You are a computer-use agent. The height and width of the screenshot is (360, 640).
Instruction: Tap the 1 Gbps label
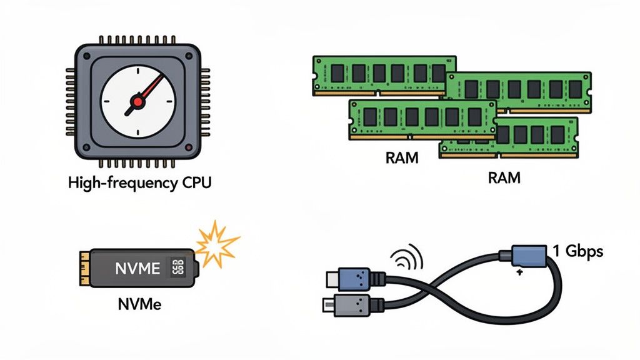click(578, 251)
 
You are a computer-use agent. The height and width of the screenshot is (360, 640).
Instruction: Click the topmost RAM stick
click(384, 74)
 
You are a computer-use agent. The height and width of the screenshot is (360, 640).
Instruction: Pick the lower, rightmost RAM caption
click(504, 177)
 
